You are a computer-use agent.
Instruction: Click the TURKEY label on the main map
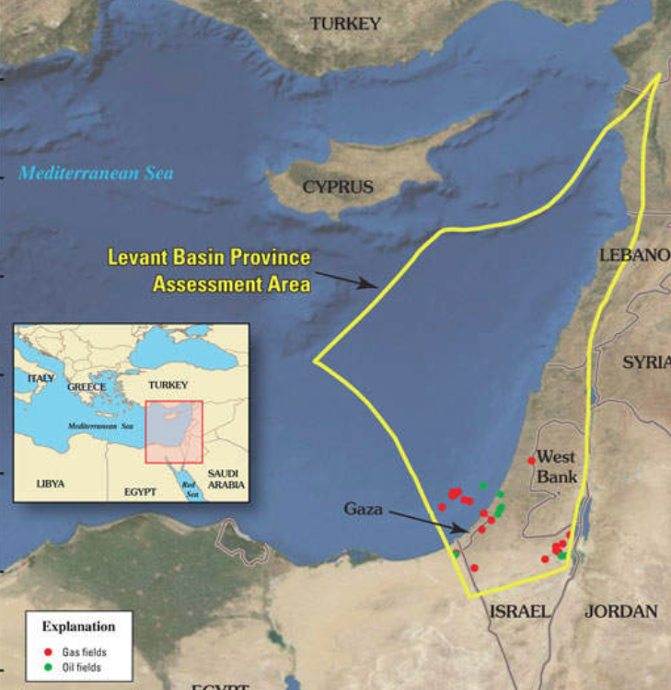point(345,24)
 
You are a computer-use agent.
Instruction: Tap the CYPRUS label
point(339,187)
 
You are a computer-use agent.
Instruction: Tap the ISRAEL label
point(521,612)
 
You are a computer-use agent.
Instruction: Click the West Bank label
point(557,466)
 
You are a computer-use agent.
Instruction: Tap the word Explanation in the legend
point(78,627)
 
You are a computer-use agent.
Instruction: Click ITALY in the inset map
point(40,378)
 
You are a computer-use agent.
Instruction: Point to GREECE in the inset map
point(87,387)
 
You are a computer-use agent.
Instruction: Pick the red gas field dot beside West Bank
point(531,460)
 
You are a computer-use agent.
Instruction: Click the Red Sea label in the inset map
point(190,486)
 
